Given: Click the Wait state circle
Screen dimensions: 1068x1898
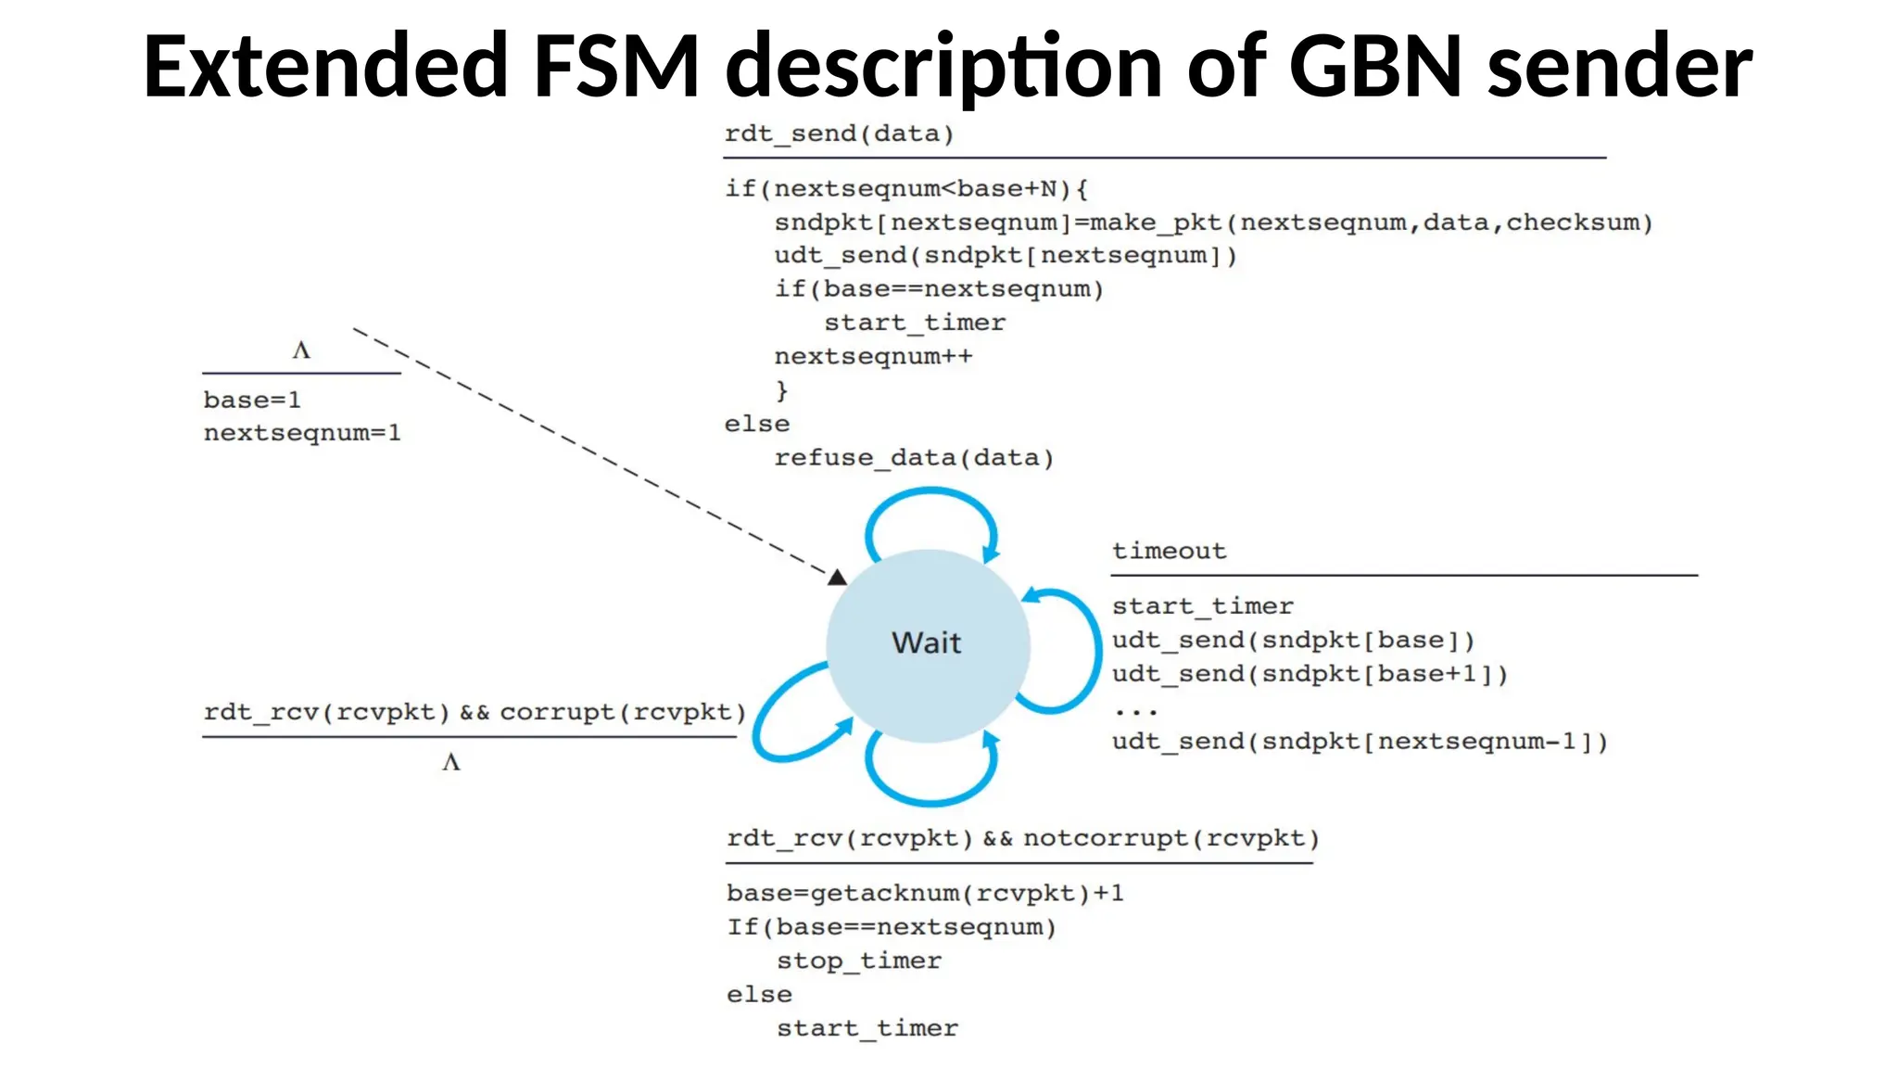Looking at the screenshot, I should click(928, 643).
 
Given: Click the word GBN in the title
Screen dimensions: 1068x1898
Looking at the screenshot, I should click(1375, 67).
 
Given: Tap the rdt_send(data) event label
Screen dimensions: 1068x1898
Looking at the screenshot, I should click(839, 133).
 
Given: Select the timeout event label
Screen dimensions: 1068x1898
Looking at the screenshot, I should click(1169, 551).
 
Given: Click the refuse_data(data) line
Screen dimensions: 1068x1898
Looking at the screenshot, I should click(914, 458).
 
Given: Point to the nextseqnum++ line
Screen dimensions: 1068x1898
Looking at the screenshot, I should click(873, 357).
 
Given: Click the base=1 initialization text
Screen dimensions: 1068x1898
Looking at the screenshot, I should click(252, 400).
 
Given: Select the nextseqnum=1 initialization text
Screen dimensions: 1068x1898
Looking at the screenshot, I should click(302, 433).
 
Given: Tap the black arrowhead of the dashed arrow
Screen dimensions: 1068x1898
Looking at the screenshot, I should click(837, 578).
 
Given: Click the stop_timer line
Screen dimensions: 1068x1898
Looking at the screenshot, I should click(858, 961).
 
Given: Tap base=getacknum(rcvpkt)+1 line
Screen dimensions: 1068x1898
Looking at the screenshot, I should click(925, 894).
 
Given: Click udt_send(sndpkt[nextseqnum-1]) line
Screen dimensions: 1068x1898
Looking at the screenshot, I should click(1360, 742).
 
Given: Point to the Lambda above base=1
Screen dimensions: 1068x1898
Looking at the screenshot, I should click(301, 350).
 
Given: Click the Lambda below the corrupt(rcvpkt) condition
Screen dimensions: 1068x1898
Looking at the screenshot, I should click(451, 762).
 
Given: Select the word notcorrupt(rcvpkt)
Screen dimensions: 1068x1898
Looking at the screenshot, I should click(1170, 838).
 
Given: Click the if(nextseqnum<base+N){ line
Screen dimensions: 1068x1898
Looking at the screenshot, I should click(905, 189).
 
